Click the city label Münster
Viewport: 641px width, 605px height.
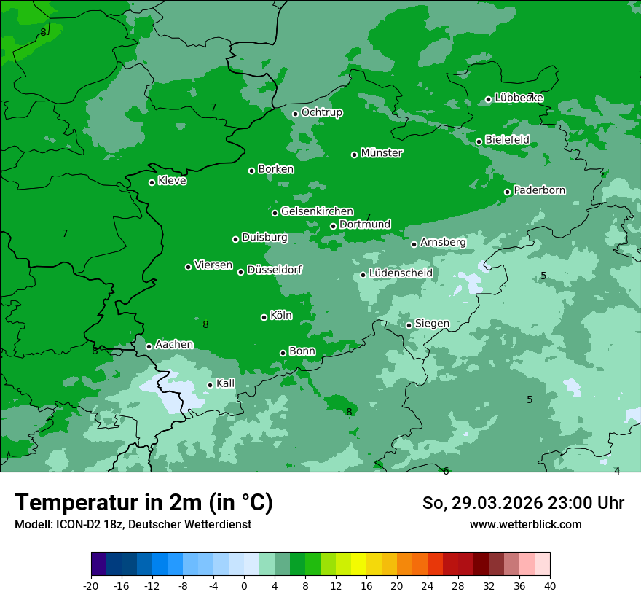tap(382, 153)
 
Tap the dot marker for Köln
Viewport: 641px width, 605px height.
tap(264, 317)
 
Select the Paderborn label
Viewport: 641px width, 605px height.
tap(540, 190)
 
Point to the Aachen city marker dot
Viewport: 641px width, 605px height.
tap(149, 346)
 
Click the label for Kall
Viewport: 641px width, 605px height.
tap(226, 383)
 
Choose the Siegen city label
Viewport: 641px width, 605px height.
tap(432, 324)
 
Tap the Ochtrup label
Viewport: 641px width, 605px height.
tap(322, 112)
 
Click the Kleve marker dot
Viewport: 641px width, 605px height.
tap(152, 182)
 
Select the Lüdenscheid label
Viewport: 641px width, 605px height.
tap(401, 273)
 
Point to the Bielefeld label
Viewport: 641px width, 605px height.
tap(507, 139)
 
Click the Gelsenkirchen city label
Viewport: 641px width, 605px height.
tap(317, 211)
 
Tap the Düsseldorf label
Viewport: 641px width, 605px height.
tap(275, 270)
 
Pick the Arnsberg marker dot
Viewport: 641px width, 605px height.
tap(414, 244)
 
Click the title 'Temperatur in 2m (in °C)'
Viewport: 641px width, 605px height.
tap(144, 502)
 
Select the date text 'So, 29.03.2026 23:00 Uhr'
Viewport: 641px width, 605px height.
tap(523, 503)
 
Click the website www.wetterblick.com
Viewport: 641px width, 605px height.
tap(525, 524)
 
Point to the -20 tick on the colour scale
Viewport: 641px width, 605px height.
tap(91, 585)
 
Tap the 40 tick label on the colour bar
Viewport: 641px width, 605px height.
tap(550, 585)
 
